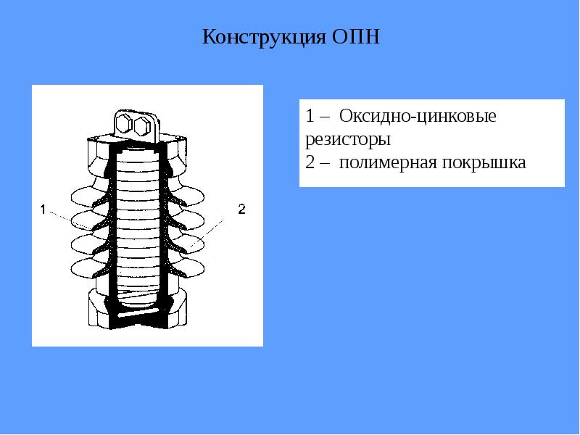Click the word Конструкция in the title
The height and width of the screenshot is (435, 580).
coord(264,37)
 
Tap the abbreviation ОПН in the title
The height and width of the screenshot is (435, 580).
coord(356,37)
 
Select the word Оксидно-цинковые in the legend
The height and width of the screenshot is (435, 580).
coord(418,116)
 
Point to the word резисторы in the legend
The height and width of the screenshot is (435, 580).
coord(348,140)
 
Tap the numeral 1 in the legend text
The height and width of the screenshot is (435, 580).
coord(310,116)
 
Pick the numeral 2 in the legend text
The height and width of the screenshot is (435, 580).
coord(310,162)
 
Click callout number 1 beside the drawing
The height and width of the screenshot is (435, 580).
coord(43,210)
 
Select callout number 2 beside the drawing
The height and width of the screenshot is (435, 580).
coord(241,209)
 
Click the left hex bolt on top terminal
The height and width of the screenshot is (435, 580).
coord(123,124)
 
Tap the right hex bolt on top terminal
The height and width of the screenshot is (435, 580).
coord(141,126)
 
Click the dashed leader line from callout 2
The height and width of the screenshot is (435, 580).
coord(207,233)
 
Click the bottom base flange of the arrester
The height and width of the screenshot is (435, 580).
coord(138,311)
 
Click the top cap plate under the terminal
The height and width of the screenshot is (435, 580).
coord(138,138)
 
